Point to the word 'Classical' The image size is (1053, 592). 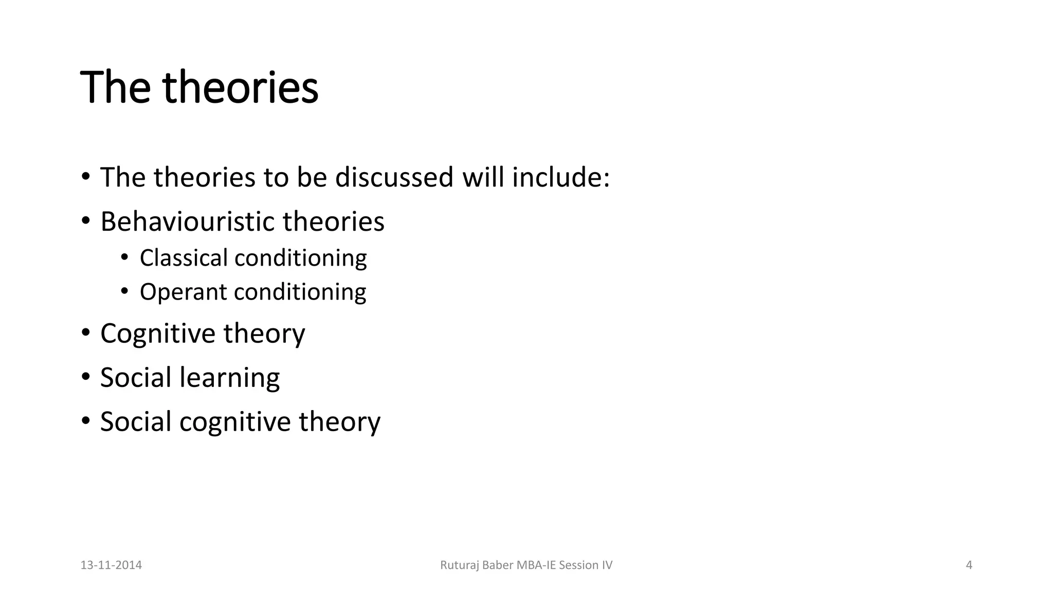(184, 258)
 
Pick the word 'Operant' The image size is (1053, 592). (183, 292)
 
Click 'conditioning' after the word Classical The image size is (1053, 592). (300, 258)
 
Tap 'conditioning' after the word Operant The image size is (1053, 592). (300, 292)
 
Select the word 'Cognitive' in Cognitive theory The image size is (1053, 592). (157, 334)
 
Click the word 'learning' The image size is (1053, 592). (229, 378)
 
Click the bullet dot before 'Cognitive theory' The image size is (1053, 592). (85, 333)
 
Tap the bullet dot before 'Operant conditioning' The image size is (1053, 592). (124, 291)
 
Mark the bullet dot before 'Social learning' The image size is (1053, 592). (85, 377)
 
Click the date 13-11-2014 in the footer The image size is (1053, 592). (111, 565)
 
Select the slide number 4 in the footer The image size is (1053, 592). (969, 565)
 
